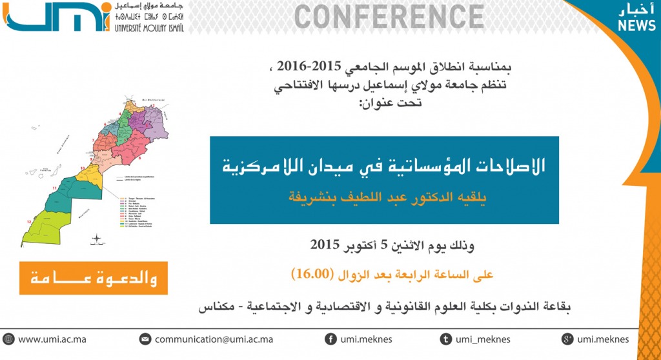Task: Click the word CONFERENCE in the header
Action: [389, 17]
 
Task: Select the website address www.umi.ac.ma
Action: [52, 339]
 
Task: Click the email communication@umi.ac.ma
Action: [214, 339]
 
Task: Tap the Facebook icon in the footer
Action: [330, 339]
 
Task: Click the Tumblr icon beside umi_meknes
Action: [445, 339]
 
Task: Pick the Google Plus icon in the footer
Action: [568, 339]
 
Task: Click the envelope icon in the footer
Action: [145, 339]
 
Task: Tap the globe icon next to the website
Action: [8, 339]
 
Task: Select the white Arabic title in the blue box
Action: [383, 166]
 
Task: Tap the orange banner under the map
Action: [94, 278]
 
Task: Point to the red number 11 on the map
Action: [56, 187]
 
